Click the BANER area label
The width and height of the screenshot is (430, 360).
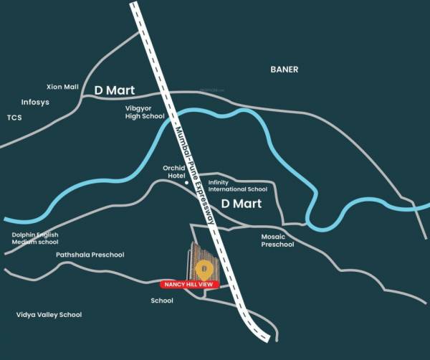(x=284, y=70)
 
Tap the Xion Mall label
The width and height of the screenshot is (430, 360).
(x=62, y=87)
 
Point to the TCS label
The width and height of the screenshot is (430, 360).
(x=15, y=117)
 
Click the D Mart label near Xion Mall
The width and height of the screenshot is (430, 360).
(x=115, y=90)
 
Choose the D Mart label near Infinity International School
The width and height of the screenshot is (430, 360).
(x=240, y=204)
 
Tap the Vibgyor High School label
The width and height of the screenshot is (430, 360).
(x=145, y=111)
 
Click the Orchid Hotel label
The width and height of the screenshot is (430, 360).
(x=175, y=172)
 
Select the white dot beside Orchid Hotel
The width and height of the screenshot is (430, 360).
(x=187, y=182)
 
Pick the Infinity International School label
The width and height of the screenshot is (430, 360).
(x=232, y=186)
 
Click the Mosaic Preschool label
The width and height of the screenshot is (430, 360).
(x=277, y=240)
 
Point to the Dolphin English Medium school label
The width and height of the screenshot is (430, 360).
(x=35, y=238)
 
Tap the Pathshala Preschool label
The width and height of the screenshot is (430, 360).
(x=90, y=255)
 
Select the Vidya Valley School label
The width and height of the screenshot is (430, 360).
(x=49, y=315)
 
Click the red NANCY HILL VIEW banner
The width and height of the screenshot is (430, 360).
(x=188, y=285)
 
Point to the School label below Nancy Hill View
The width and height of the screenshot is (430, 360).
(x=162, y=300)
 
